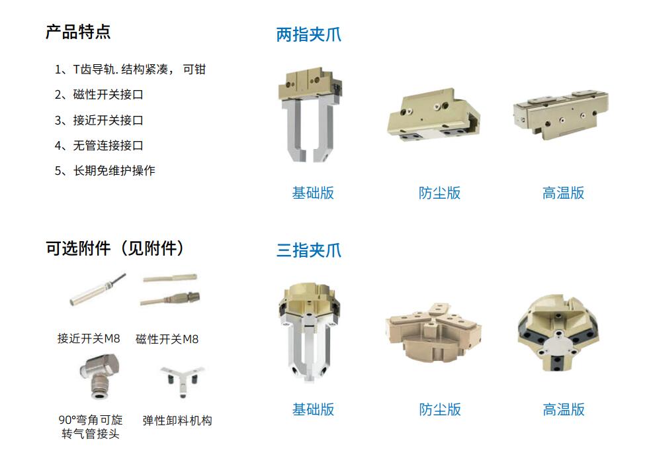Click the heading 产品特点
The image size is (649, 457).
[x=78, y=32]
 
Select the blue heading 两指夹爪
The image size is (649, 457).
[x=309, y=34]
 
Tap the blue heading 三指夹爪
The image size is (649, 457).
[x=309, y=250]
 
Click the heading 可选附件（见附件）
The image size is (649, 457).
[x=114, y=248]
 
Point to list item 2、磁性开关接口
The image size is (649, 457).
[x=99, y=95]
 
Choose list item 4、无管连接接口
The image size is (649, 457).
[x=99, y=146]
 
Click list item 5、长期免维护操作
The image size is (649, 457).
[x=105, y=171]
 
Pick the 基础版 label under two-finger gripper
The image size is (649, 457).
[x=313, y=193]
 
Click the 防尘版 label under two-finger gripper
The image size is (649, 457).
[x=439, y=193]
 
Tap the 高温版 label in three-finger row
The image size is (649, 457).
[x=564, y=409]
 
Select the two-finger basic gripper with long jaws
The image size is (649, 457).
[x=310, y=115]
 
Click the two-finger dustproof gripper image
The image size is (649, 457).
[x=433, y=115]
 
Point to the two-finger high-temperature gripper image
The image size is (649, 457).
[x=561, y=113]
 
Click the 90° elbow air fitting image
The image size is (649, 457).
[x=99, y=376]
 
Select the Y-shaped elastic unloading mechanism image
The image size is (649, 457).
[x=182, y=380]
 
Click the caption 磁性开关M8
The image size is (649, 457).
[x=167, y=339]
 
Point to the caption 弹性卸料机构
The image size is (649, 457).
[x=177, y=421]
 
